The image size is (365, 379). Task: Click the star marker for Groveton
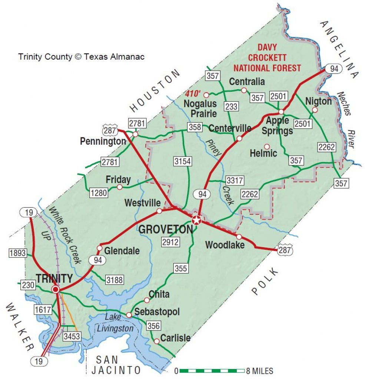(196, 220)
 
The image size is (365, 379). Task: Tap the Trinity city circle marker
(56, 289)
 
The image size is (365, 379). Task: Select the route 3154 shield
(183, 161)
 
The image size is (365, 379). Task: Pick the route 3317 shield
(235, 181)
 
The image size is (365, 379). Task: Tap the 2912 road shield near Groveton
(170, 242)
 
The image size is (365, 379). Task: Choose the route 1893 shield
(18, 253)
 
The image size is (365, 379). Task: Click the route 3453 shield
(72, 336)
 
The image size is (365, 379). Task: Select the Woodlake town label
(225, 245)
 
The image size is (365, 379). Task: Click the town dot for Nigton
(315, 110)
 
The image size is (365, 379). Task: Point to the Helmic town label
(263, 153)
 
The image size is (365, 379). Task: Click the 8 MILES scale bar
(210, 370)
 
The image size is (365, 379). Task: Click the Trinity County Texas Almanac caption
(81, 57)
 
